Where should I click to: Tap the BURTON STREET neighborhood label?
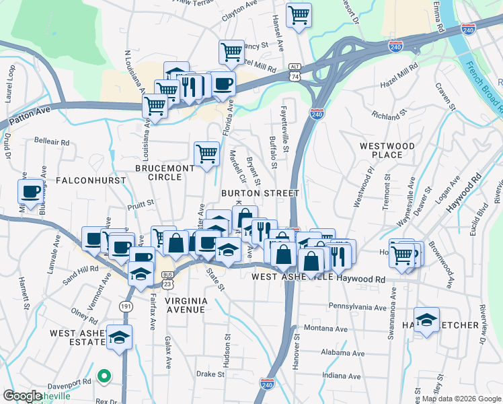pos(260,193)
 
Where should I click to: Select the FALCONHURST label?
pos(82,180)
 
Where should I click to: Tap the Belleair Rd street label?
pos(51,142)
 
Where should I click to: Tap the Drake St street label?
pos(210,374)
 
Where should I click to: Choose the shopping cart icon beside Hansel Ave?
pos(299,14)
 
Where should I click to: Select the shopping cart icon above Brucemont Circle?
pos(207,153)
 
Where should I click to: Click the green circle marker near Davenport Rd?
pos(103,376)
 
